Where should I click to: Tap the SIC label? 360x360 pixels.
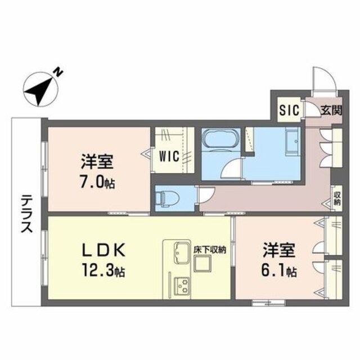[290, 110]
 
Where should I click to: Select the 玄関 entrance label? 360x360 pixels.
[331, 110]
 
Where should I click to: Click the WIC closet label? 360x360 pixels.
[169, 156]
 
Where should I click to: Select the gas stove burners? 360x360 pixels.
[181, 286]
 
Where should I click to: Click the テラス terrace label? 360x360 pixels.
[26, 213]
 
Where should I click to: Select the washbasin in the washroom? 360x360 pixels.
[292, 141]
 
